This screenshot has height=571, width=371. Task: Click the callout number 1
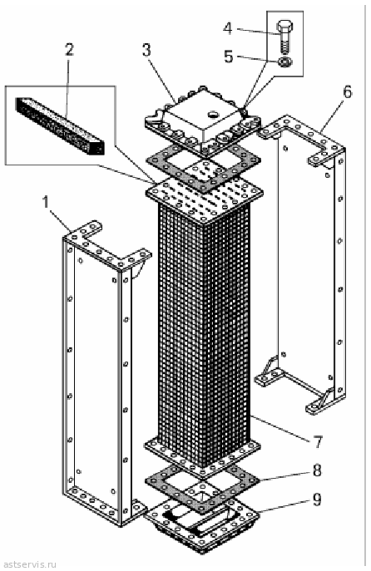(46, 203)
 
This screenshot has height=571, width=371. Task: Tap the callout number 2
(69, 50)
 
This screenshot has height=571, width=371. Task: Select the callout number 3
(146, 50)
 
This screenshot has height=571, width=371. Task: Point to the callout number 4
(228, 28)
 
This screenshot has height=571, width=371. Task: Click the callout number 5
(229, 57)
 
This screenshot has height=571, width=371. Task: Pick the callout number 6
(348, 92)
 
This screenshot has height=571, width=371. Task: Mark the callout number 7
(318, 441)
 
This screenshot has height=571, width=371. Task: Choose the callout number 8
(318, 470)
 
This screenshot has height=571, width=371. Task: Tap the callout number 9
(318, 500)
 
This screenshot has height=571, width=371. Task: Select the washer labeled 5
(283, 62)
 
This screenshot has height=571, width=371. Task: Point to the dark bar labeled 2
(60, 126)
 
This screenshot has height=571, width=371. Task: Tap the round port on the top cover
(212, 115)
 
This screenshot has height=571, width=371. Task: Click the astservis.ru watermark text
(29, 564)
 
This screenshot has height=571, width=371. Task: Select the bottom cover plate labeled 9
(201, 524)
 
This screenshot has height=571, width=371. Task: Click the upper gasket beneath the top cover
(203, 168)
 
